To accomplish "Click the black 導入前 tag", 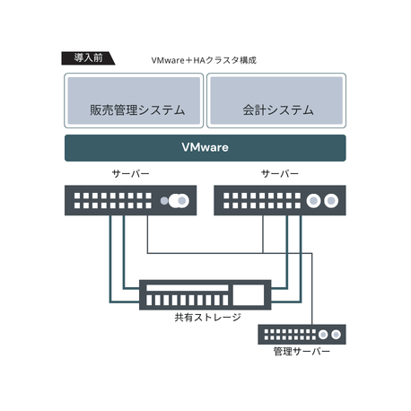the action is (x=88, y=58).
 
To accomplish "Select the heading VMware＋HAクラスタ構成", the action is (x=204, y=60).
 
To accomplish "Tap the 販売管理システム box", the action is (x=134, y=101).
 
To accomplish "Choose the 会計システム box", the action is (x=276, y=101).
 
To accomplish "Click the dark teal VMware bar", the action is (x=205, y=148).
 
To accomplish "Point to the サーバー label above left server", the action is (x=130, y=173).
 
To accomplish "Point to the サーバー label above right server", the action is (x=280, y=173).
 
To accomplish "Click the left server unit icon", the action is (x=130, y=200).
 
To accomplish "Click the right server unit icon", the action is (x=280, y=200).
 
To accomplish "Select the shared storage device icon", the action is (x=205, y=294).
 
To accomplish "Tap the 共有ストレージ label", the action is (x=207, y=318).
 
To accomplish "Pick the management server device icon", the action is (x=302, y=334).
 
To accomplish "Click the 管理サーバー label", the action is (x=302, y=351).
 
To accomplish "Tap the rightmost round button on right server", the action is (x=331, y=200).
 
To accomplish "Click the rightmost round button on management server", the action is (x=336, y=334).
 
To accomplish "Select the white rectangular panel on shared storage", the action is (x=249, y=294).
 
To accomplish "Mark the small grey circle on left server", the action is (x=164, y=200).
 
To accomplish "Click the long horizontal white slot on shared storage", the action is (x=188, y=288).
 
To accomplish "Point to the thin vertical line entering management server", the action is (x=312, y=289).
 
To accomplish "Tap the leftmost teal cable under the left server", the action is (x=110, y=258).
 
